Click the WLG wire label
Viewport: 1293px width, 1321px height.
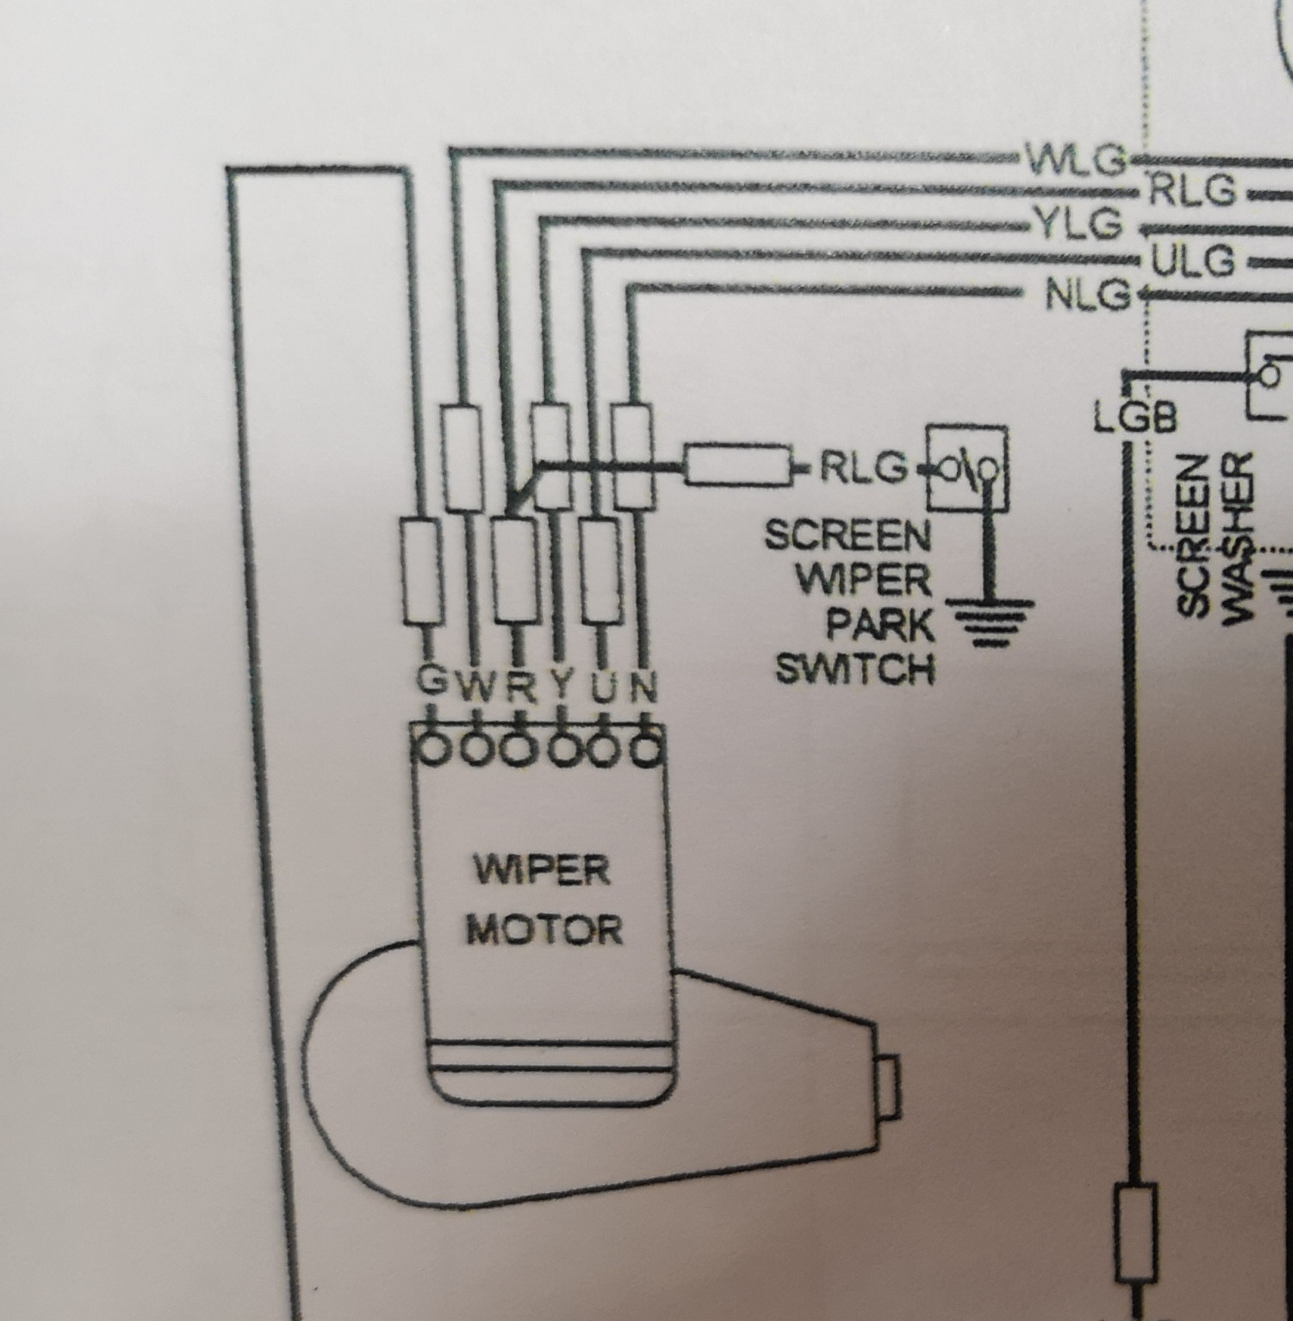[x=1076, y=161]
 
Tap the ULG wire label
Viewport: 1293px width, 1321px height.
[x=1192, y=261]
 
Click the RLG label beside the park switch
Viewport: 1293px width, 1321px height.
[x=863, y=467]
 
